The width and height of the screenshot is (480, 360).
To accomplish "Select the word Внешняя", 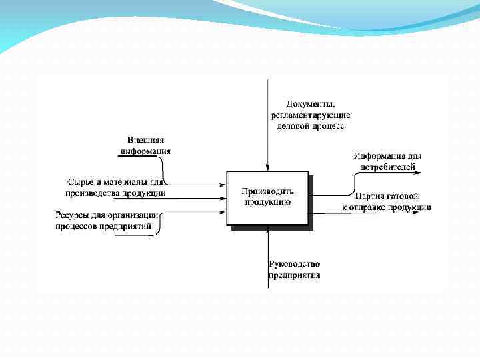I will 145,141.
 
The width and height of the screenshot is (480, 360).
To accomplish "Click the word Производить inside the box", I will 267,191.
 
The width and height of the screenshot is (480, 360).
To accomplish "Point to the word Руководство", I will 295,264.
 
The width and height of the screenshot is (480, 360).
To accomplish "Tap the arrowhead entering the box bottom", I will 267,230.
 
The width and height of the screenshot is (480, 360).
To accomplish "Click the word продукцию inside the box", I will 267,201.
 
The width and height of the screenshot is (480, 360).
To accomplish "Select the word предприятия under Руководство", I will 295,275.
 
